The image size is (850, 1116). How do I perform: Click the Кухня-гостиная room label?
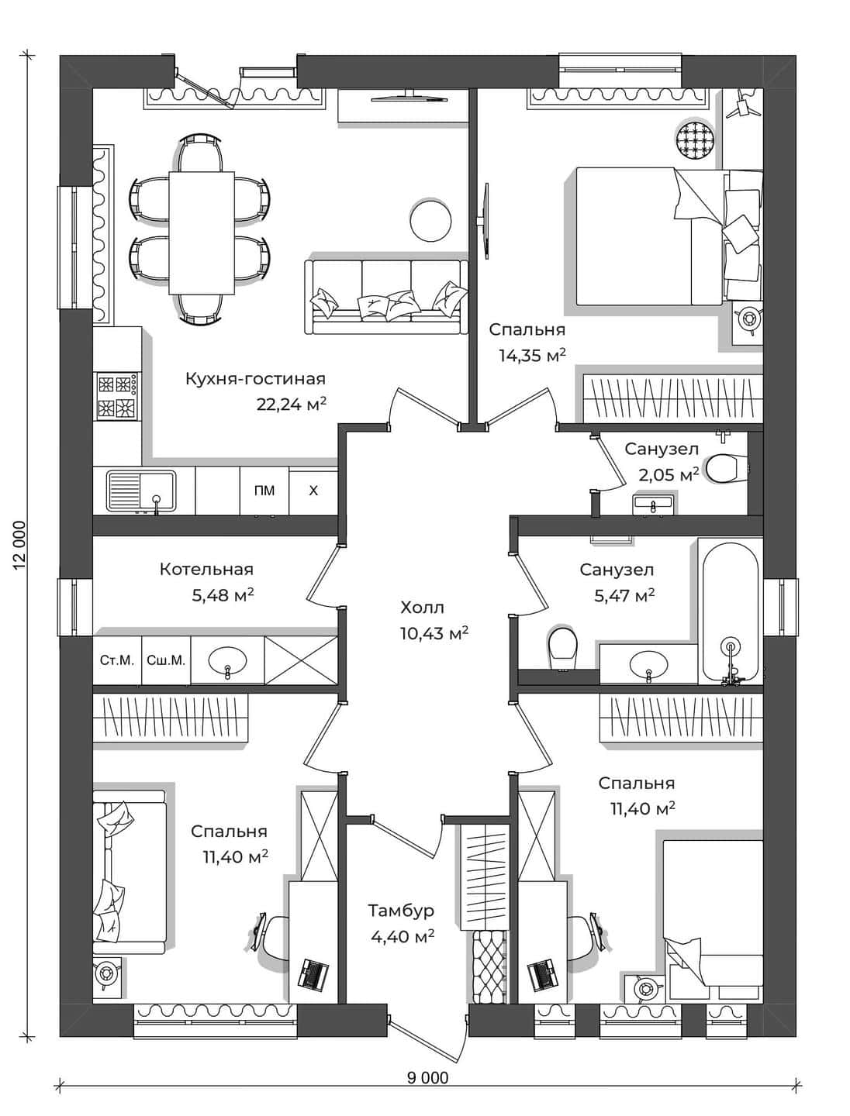255,379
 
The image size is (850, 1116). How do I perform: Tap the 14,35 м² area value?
532,355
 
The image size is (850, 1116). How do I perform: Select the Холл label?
422,607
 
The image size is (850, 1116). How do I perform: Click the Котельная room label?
206,569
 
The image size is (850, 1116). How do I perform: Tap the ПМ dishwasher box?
264,491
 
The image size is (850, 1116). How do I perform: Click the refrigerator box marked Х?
313,491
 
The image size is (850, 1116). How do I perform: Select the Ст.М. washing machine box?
117,660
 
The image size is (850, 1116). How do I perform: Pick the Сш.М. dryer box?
166,660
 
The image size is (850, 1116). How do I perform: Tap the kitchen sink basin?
141,491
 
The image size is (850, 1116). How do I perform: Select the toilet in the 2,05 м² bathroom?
727,468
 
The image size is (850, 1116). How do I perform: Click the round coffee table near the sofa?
430,219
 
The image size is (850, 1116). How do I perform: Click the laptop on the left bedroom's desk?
313,973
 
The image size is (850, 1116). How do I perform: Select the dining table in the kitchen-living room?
202,232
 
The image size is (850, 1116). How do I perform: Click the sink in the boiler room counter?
227,661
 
